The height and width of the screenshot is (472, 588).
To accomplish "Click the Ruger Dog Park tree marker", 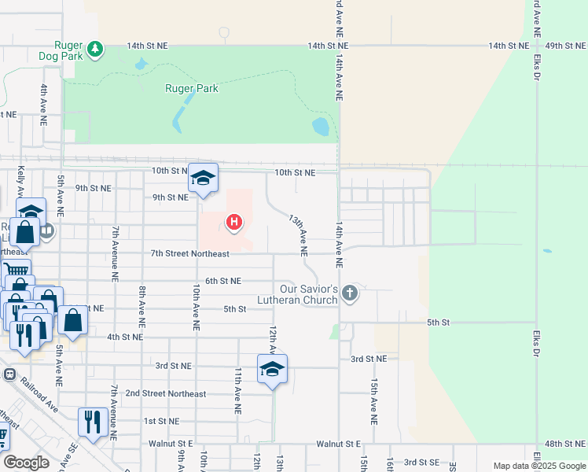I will [95, 50].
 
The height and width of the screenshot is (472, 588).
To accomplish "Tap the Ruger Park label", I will [191, 88].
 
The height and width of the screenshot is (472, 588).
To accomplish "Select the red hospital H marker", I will [233, 223].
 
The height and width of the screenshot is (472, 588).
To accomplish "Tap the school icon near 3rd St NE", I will [272, 369].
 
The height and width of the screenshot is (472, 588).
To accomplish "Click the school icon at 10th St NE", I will [203, 178].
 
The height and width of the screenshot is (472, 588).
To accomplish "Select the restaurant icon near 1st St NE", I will [93, 422].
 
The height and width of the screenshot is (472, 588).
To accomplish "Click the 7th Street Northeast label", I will [190, 253].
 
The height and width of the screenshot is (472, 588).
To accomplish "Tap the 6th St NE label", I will [223, 281].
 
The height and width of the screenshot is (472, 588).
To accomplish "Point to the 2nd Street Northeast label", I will [165, 393].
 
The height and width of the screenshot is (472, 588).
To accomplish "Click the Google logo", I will [25, 462].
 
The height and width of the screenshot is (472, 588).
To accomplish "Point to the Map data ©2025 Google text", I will [538, 466].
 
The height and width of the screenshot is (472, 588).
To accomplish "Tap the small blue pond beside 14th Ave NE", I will [321, 126].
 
